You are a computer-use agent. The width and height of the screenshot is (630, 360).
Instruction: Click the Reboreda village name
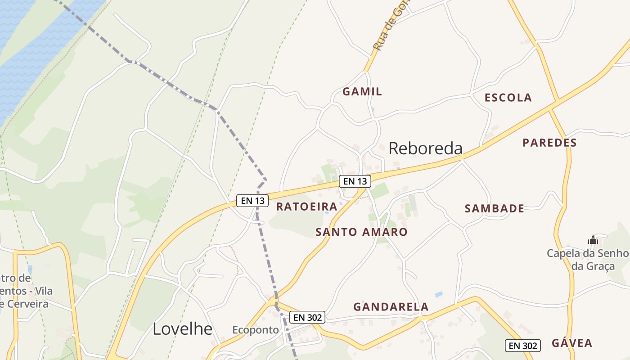coord(425,148)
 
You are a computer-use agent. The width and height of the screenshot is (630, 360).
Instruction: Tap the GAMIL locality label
coord(362,92)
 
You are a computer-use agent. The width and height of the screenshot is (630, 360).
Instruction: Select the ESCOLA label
coord(508,98)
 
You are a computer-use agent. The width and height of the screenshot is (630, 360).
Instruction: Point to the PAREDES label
coord(549,143)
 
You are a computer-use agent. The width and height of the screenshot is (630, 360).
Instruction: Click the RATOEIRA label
coord(306,207)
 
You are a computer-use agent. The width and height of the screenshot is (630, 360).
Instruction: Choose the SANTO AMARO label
coord(361,232)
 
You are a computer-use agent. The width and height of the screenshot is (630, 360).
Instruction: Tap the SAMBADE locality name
coord(494,208)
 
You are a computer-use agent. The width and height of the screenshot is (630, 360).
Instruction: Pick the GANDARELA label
coord(391,307)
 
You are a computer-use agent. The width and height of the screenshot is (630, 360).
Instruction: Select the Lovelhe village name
coord(182,329)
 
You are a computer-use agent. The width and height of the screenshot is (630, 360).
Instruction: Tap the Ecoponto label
coord(256,330)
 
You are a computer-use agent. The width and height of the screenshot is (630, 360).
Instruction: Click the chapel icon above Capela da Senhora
coord(593,240)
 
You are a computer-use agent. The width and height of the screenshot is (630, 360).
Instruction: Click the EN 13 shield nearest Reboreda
coord(355,181)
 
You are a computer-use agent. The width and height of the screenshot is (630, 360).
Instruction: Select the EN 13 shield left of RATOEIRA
coord(252,200)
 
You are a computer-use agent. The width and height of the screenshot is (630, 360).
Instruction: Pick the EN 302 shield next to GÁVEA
coord(522,346)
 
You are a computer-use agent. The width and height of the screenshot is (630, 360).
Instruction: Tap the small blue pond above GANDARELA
coord(439,294)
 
